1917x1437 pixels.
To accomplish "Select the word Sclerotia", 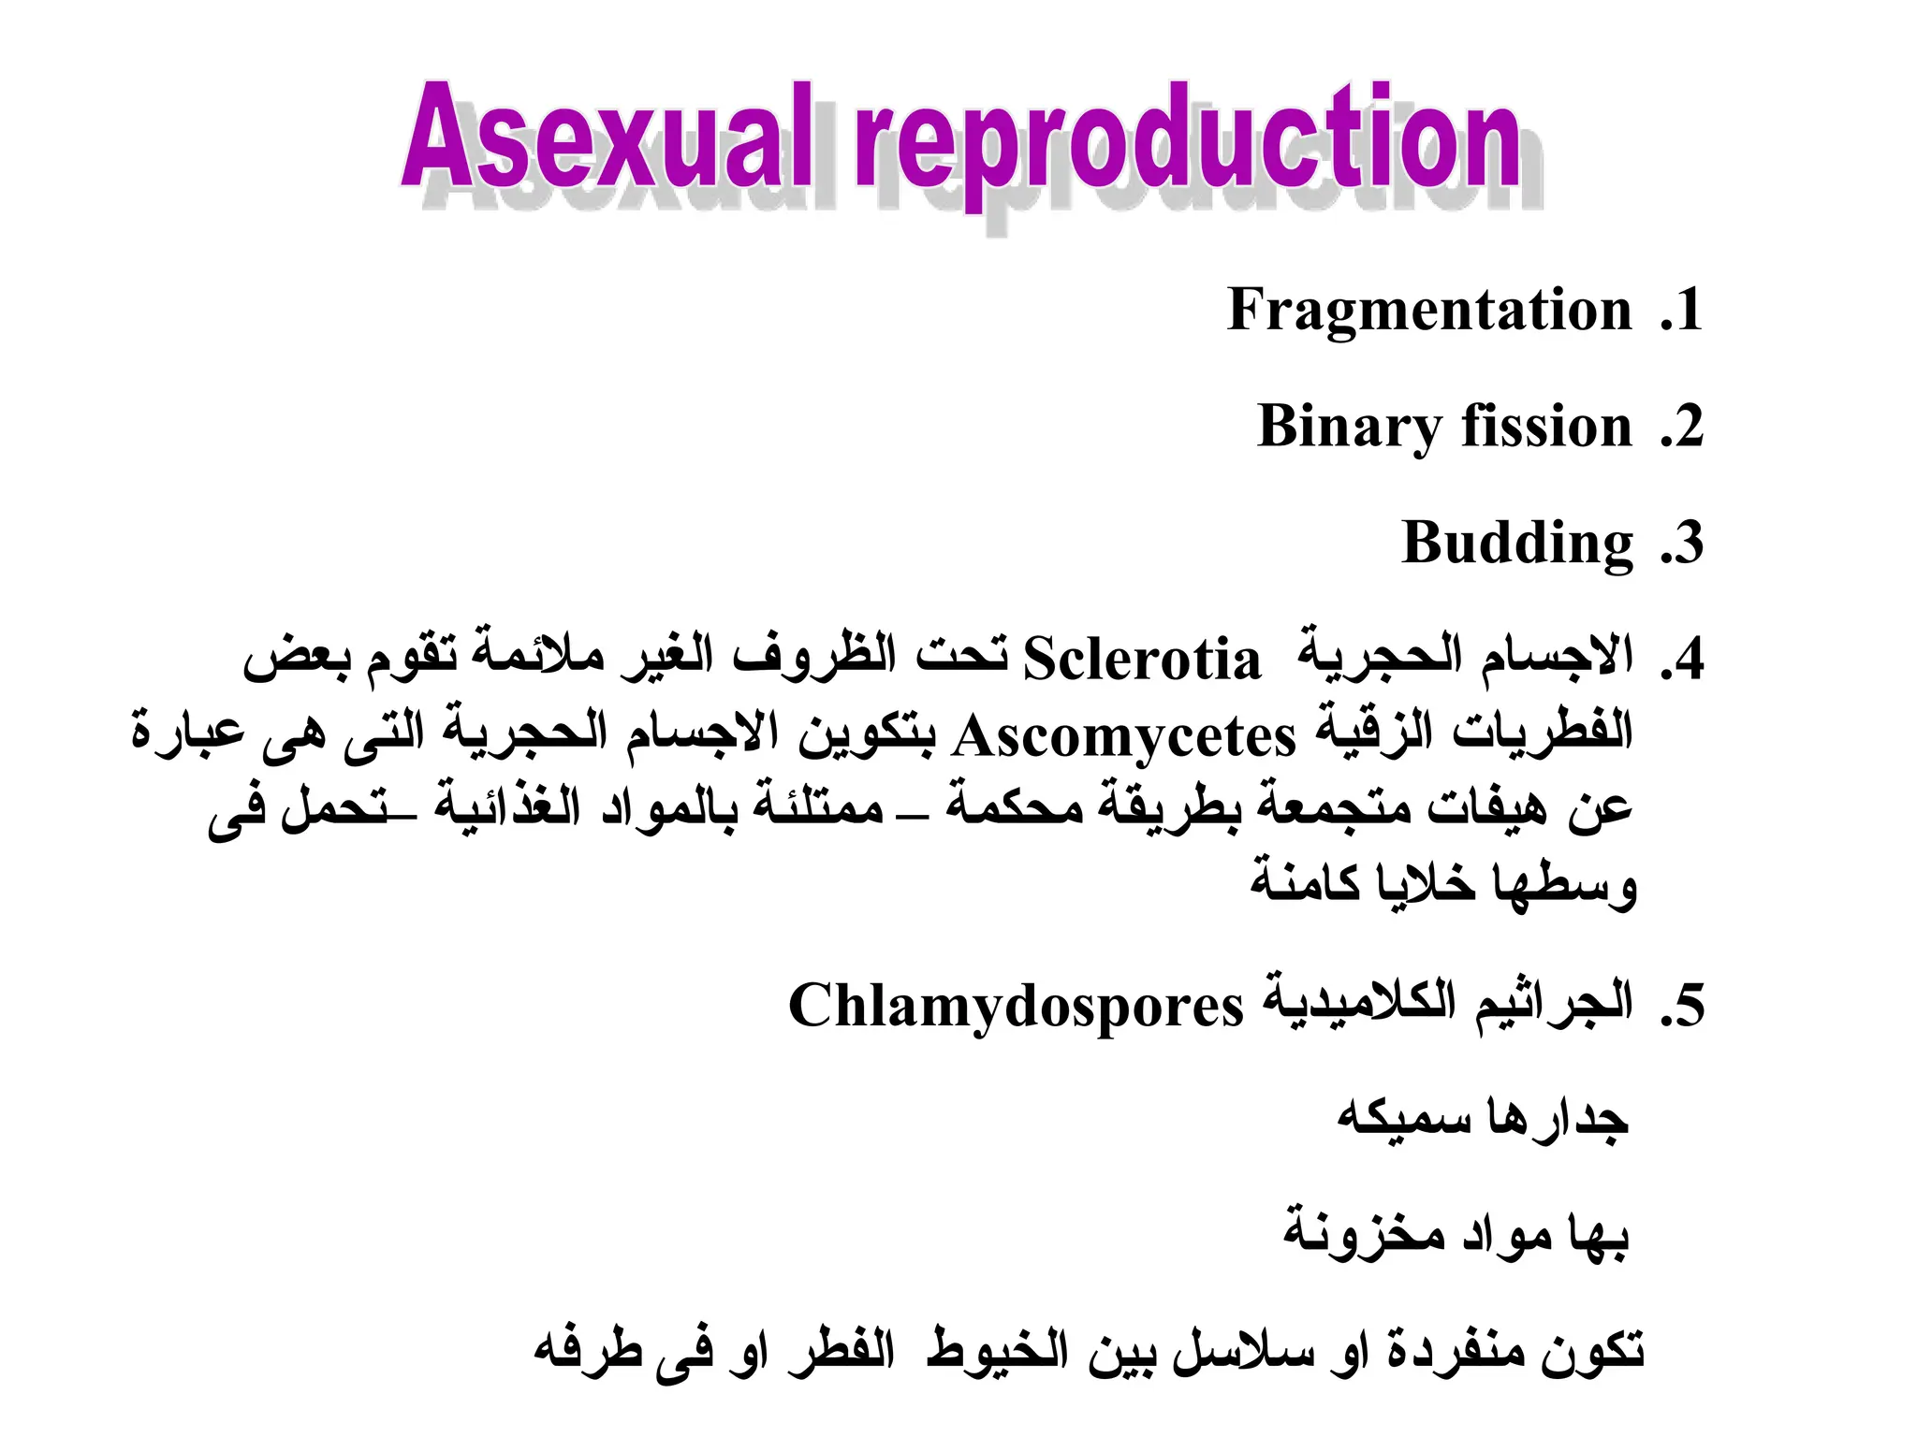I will point(1141,660).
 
